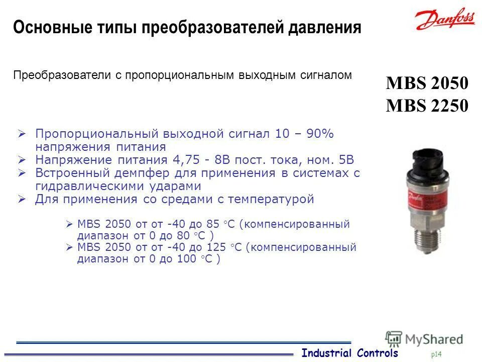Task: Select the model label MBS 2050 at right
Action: click(x=427, y=83)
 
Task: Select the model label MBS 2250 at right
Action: click(x=427, y=106)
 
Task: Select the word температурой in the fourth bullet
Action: click(x=271, y=199)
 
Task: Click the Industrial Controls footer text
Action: click(x=349, y=353)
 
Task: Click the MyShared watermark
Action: click(x=424, y=339)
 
